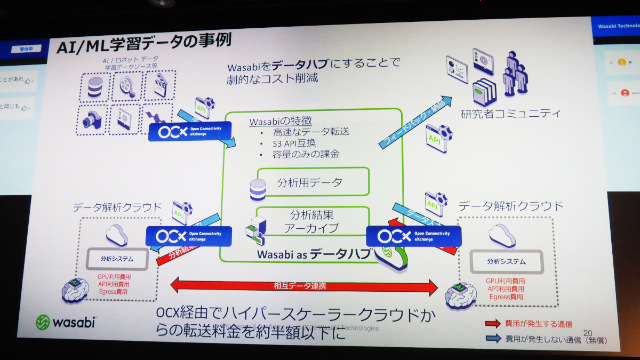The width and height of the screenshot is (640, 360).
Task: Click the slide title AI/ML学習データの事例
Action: [143, 45]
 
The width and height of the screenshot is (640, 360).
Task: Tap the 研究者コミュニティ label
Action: [510, 113]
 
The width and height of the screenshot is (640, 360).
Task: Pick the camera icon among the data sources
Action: [92, 119]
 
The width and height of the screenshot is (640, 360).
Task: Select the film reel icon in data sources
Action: [127, 85]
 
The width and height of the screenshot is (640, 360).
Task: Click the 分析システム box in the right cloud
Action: [506, 262]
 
